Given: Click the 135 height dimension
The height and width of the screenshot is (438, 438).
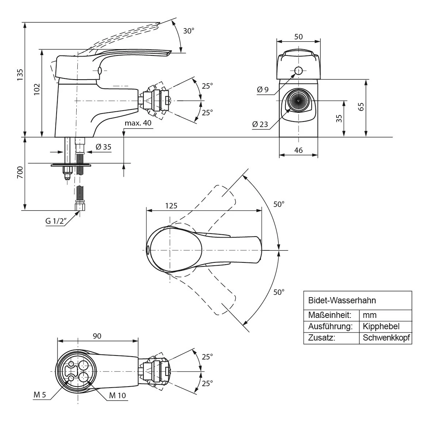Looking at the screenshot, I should tap(20, 74).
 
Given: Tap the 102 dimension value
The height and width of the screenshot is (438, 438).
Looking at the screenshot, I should tap(37, 89).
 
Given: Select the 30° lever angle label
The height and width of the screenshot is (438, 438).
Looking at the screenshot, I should tap(189, 31).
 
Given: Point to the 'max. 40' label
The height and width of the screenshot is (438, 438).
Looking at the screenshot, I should tap(138, 123).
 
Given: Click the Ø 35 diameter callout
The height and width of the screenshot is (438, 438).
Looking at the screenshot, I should tap(103, 147).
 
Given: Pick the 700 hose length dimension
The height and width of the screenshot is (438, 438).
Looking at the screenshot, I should tap(20, 172).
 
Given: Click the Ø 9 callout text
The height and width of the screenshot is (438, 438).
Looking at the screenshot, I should tap(262, 89).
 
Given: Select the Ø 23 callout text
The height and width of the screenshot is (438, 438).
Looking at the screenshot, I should tap(260, 124).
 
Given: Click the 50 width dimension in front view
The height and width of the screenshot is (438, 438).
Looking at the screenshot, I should tap(299, 36).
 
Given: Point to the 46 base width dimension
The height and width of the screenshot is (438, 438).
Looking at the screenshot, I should tap(299, 150).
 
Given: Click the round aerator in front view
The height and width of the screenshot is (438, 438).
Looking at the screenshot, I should tap(298, 100).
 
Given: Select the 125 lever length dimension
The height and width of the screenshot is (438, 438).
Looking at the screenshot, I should tap(171, 205).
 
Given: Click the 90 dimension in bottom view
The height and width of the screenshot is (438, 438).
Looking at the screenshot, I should tap(97, 336).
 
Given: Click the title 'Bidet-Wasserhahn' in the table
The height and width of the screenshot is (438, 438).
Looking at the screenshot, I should tap(342, 300).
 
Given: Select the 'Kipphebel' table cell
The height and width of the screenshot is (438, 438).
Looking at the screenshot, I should tap(381, 326).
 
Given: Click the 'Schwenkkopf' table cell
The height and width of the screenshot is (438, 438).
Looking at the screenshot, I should tap(386, 338).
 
